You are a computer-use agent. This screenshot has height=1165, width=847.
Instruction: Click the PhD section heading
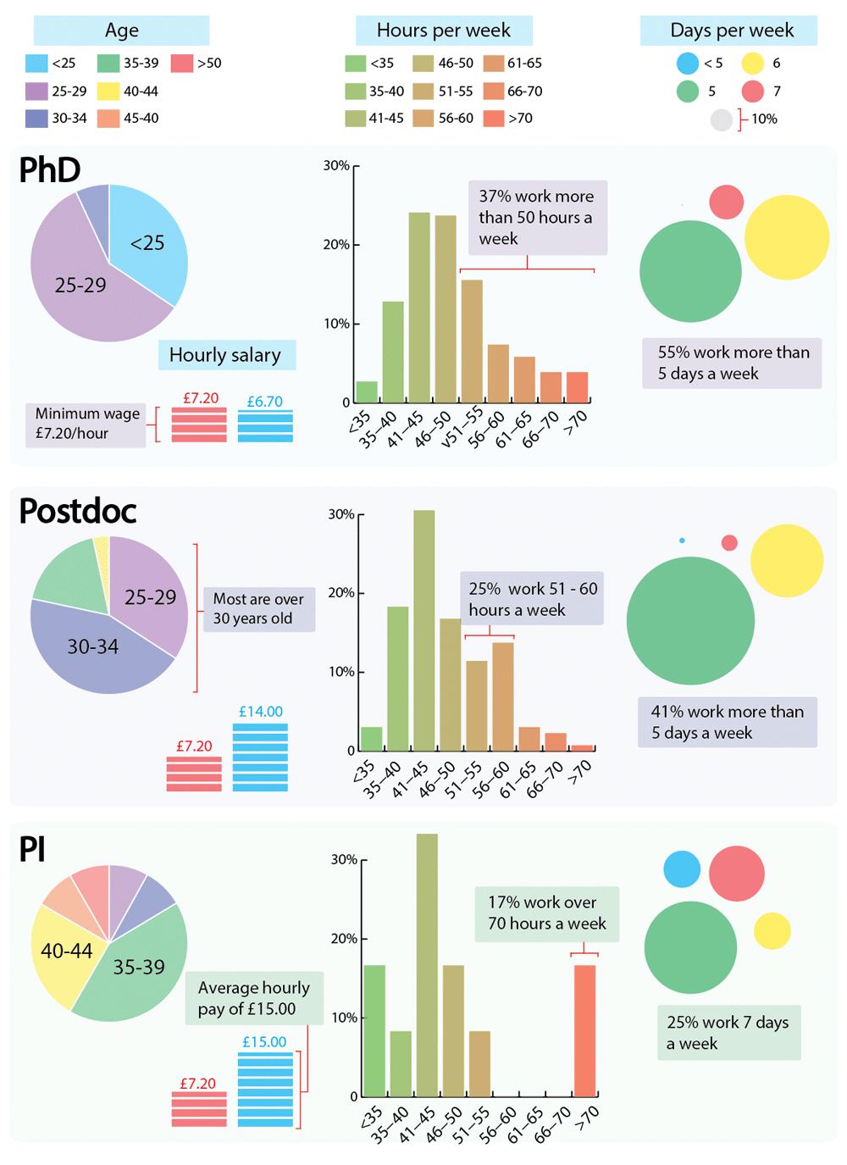click(x=50, y=170)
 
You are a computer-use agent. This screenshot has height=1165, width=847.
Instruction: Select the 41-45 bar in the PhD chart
click(x=419, y=308)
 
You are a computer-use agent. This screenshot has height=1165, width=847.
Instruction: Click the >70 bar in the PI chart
click(x=584, y=1030)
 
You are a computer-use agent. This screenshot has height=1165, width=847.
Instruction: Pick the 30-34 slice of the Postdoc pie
click(x=93, y=647)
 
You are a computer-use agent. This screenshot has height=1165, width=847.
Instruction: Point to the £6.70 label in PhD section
click(x=265, y=402)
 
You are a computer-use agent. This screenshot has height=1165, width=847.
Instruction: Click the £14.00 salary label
click(x=261, y=712)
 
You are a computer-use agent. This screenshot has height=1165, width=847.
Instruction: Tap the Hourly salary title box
click(x=226, y=355)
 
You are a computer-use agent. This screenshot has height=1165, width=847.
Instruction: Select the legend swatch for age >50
click(x=182, y=63)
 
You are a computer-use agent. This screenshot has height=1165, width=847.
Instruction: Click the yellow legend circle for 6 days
click(x=753, y=63)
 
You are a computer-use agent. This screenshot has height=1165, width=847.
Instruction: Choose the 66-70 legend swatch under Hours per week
click(x=494, y=91)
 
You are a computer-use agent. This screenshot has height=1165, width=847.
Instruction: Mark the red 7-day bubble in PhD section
click(x=726, y=202)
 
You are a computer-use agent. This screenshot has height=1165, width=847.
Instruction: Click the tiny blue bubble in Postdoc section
click(x=682, y=541)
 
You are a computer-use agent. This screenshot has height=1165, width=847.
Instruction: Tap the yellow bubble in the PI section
click(x=772, y=931)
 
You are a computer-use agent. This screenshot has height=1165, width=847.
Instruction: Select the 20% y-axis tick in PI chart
click(x=344, y=939)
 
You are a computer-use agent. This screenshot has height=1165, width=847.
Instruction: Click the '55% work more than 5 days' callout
click(x=732, y=363)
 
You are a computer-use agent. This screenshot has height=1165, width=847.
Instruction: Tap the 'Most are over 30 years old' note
click(x=258, y=609)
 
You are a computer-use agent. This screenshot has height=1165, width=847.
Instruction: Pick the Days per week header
click(x=731, y=31)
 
